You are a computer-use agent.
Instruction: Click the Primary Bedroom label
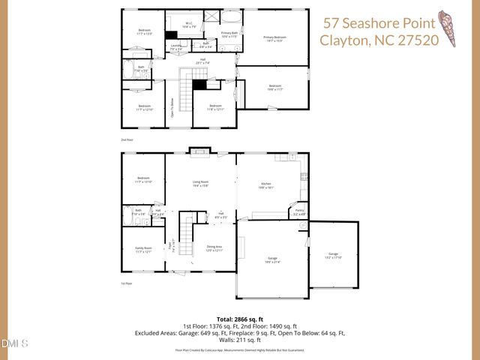(274, 38)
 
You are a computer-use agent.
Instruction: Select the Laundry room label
(175, 47)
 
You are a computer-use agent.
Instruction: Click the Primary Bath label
(229, 34)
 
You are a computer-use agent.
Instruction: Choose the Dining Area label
(214, 248)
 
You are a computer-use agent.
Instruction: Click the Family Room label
(143, 250)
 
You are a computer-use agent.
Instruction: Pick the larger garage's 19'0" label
(272, 260)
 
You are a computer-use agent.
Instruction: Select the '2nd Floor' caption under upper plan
(127, 139)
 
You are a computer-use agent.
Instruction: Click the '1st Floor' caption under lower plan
(127, 283)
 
